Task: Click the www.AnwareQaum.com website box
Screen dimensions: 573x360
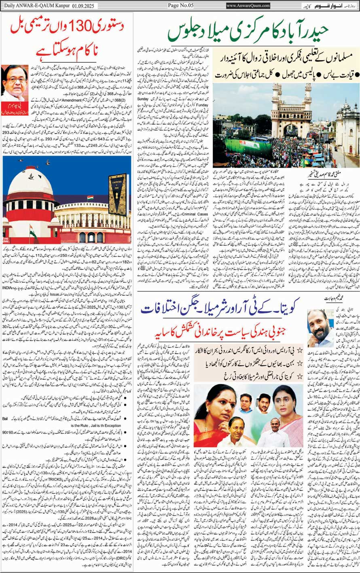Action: point(248,6)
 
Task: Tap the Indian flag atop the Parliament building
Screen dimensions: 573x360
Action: point(90,199)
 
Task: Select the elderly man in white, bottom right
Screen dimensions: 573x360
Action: point(272,431)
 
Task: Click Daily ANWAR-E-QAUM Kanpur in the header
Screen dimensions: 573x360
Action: point(33,5)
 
